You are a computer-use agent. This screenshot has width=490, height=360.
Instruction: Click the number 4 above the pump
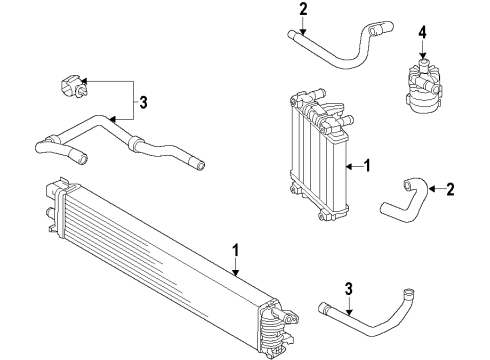(422, 33)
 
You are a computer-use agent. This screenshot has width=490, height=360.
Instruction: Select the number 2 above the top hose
(303, 9)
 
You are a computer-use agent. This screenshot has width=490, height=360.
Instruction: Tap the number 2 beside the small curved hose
(450, 189)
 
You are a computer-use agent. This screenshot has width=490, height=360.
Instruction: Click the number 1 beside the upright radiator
(367, 166)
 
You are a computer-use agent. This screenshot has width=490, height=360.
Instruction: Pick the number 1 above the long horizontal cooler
(236, 250)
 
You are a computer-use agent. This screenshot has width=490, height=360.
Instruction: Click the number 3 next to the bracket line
(143, 103)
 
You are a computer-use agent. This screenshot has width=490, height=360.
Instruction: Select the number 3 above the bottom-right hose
(348, 289)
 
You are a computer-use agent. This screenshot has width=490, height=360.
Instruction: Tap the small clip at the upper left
(73, 87)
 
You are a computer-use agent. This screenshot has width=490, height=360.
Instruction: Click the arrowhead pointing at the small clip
(83, 81)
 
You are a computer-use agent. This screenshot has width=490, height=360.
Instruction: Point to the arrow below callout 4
(422, 49)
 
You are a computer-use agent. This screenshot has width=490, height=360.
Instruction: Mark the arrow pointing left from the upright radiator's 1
(354, 166)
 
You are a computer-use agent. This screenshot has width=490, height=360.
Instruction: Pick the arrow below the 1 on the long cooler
(236, 267)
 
